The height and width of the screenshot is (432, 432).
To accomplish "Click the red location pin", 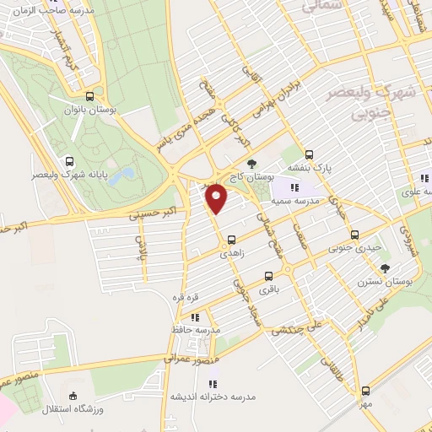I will [217, 197].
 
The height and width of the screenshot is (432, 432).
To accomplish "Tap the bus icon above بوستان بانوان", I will [91, 95].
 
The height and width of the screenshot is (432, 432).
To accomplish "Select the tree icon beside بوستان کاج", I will [251, 163].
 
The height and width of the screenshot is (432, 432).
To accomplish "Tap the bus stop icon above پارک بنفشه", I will [310, 154].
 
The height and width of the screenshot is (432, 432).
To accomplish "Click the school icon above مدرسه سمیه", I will [294, 186].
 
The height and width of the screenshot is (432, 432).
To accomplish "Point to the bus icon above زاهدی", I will [231, 239].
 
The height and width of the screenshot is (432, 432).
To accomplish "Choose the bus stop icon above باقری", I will [269, 276].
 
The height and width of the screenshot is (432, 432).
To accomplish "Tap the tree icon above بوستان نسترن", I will [386, 267].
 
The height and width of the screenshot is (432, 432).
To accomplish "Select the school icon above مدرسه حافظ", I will [195, 318].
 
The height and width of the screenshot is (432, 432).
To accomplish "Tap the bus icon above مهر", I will [364, 390].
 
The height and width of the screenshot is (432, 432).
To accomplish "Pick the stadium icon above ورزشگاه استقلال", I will [73, 396].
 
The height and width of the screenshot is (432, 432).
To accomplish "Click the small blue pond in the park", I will [127, 175].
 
